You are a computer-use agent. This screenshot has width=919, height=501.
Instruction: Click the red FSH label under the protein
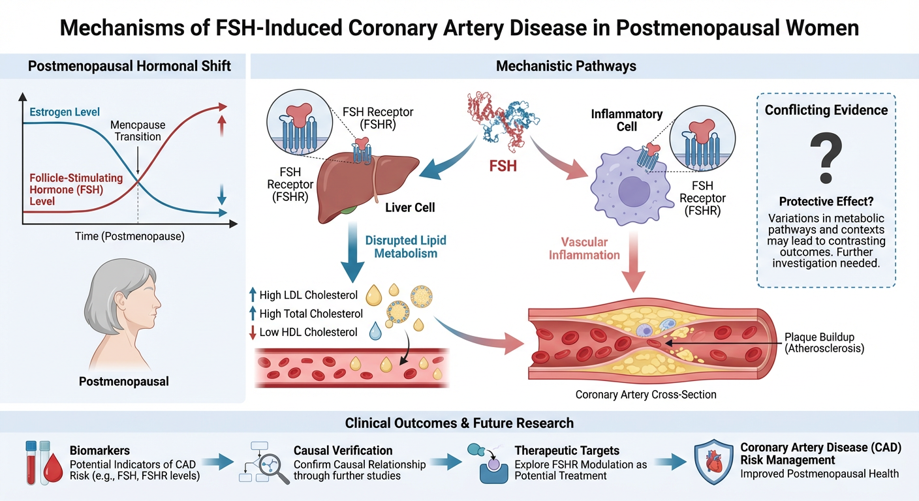[x=503, y=166]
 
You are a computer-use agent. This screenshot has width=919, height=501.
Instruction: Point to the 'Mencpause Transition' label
[x=138, y=130]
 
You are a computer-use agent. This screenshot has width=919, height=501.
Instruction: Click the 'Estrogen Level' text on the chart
[x=65, y=112]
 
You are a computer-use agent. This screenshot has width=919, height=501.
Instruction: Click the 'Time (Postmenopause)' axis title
[x=129, y=236]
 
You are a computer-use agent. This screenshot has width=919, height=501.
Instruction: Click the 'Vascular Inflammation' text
[x=584, y=248]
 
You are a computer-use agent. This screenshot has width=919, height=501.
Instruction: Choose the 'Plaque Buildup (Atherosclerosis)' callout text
[x=824, y=342]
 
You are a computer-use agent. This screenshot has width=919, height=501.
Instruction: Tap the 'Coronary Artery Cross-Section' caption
[x=646, y=395]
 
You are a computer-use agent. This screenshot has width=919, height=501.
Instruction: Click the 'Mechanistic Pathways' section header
[x=566, y=66]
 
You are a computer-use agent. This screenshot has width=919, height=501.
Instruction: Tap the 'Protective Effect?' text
[x=826, y=202]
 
